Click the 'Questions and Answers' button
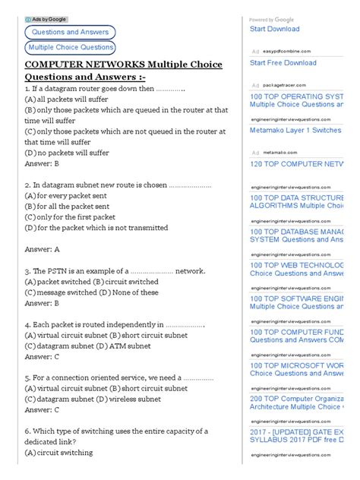70,32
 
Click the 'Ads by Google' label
46,18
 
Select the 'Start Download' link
275,29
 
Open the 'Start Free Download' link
283,63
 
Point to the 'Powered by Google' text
272,20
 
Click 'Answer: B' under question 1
43,163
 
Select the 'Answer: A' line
43,249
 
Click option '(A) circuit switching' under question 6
58,453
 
